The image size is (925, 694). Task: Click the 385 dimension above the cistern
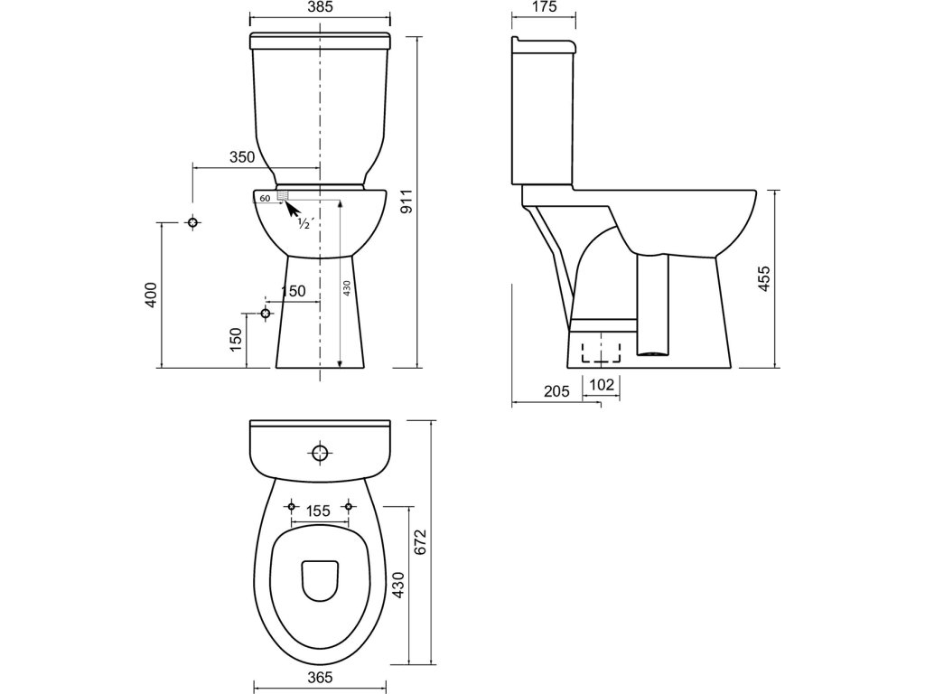(x=320, y=7)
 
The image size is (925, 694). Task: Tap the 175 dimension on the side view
(x=544, y=7)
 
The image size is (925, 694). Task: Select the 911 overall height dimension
(x=406, y=202)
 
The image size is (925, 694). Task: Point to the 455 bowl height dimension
(x=763, y=278)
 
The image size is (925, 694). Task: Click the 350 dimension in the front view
(x=242, y=157)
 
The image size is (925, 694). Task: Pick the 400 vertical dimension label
(x=151, y=295)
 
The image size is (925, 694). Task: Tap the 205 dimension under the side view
(x=556, y=391)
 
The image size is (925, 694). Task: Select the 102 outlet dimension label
(x=602, y=385)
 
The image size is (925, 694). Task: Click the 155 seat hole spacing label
(x=319, y=511)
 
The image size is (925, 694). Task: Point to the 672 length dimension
(x=419, y=542)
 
